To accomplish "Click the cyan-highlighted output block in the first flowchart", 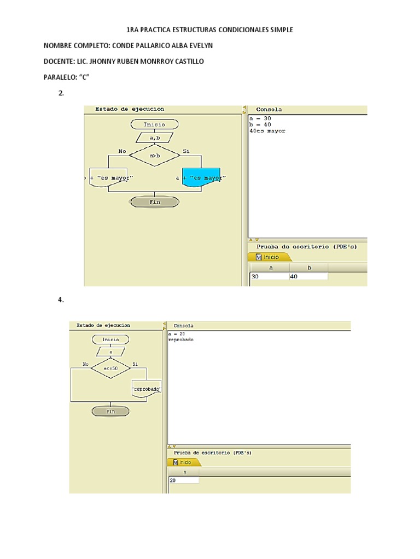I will (201, 177).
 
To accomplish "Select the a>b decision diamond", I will (154, 156).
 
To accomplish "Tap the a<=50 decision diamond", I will (111, 368).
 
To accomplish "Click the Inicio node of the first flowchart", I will (154, 124).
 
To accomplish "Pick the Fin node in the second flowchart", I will (111, 412).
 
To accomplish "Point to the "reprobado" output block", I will (147, 389).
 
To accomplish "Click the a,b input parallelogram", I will (154, 137).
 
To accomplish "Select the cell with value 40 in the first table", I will (308, 277).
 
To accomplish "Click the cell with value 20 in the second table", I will (184, 480).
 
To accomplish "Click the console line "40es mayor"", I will (267, 131).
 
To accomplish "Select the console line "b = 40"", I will (260, 124).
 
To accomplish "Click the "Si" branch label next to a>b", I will (186, 151).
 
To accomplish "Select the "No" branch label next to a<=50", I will (85, 364).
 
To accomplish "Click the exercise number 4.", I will (61, 300).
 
